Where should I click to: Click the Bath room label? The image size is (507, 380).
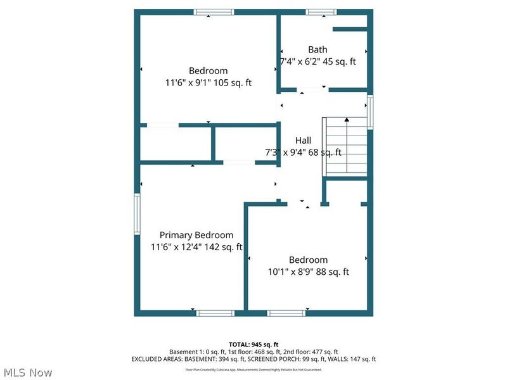[318, 49]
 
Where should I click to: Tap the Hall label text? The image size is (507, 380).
[303, 140]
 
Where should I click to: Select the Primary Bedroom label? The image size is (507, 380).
[196, 235]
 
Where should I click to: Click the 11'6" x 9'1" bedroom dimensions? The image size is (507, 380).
[208, 82]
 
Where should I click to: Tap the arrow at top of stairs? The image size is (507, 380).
[346, 120]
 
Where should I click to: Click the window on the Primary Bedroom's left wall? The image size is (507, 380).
[137, 214]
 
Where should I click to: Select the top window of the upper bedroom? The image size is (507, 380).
[214, 12]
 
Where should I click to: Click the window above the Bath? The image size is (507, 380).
[321, 12]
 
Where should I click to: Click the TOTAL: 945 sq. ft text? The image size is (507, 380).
[253, 344]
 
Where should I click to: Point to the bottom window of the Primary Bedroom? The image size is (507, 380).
[215, 313]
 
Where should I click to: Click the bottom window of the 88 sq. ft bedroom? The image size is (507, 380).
[286, 313]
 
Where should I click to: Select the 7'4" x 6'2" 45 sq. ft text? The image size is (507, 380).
[318, 61]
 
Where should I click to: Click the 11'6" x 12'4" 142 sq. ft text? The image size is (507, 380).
[196, 247]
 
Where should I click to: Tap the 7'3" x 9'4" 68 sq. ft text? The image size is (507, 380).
[303, 152]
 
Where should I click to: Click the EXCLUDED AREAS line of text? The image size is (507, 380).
[253, 359]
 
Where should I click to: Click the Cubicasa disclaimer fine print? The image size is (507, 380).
[253, 369]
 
